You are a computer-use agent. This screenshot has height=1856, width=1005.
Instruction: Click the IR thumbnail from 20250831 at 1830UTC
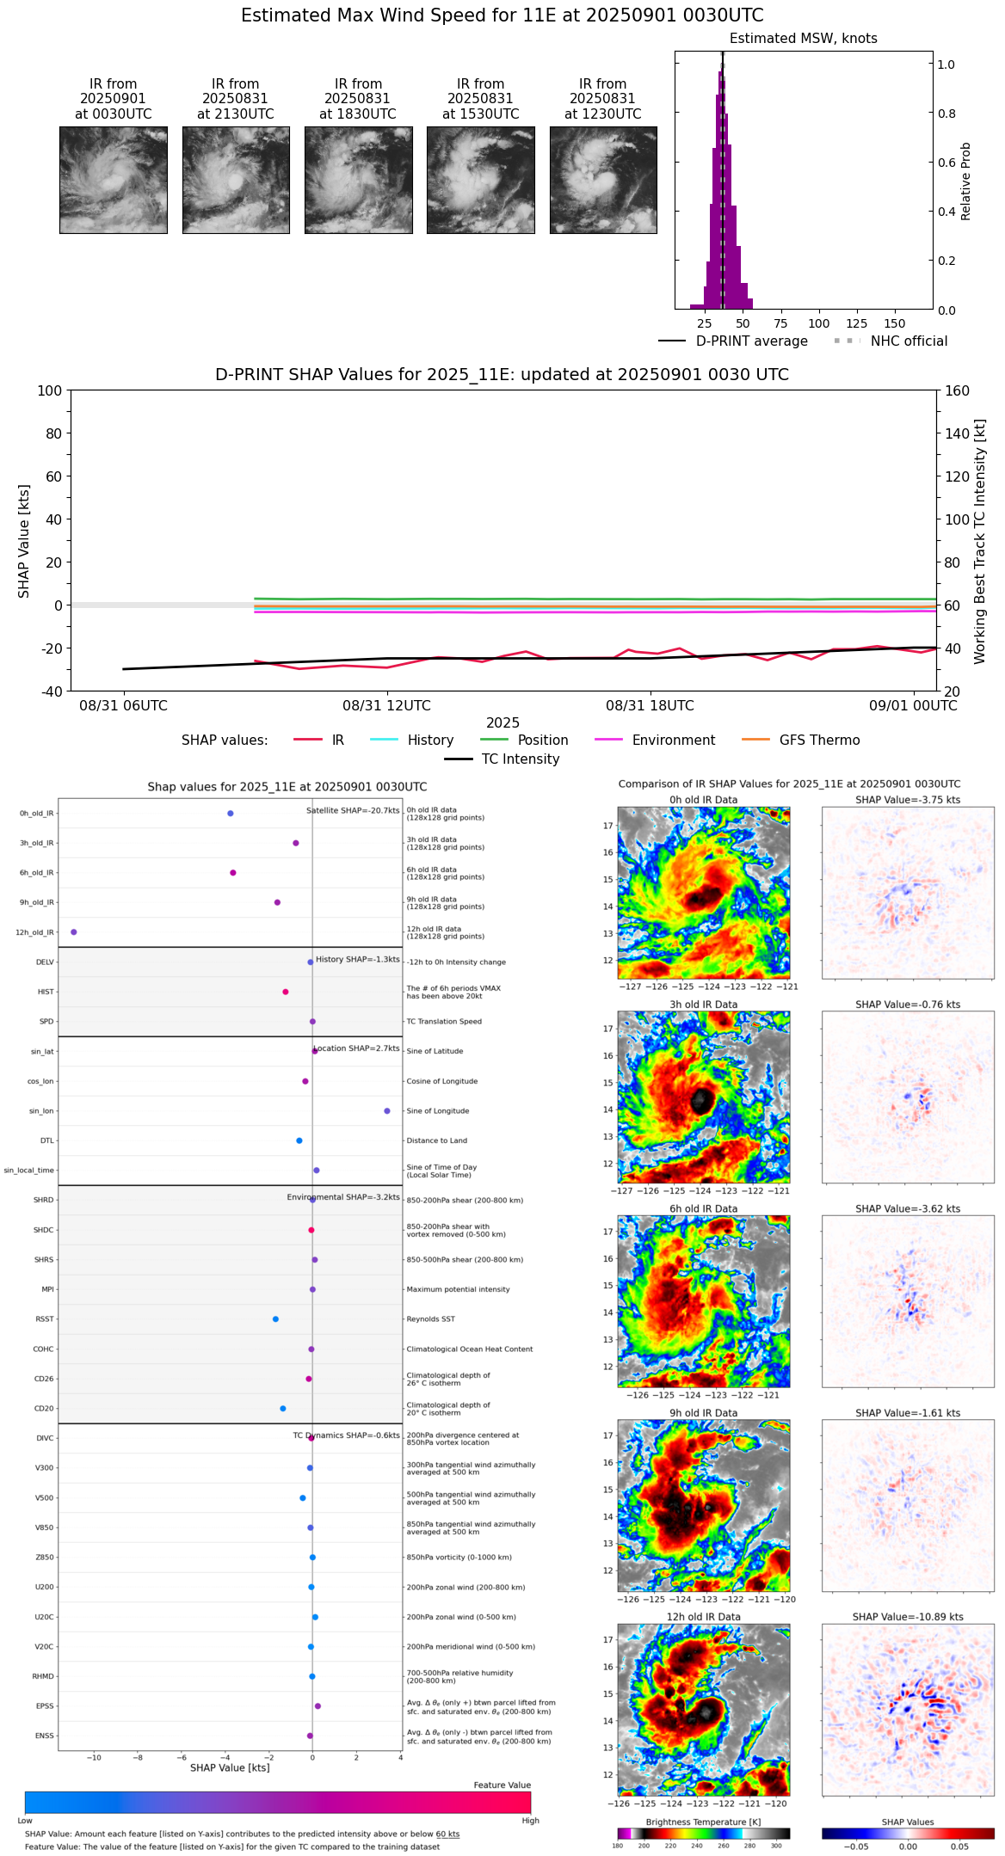click(x=358, y=180)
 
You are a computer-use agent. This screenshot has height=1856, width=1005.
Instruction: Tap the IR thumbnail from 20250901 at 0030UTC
click(x=114, y=180)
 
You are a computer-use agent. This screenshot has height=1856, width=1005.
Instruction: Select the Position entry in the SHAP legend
click(x=542, y=741)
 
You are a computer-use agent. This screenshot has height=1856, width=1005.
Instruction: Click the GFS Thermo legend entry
click(x=819, y=741)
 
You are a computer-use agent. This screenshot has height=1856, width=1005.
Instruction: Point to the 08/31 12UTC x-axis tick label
click(x=386, y=706)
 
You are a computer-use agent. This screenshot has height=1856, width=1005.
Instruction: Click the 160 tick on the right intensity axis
click(x=957, y=390)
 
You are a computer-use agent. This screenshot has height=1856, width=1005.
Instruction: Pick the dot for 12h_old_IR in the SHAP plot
click(x=74, y=932)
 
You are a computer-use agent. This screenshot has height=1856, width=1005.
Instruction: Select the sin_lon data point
click(x=387, y=1111)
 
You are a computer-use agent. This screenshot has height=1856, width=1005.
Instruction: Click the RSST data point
click(x=275, y=1319)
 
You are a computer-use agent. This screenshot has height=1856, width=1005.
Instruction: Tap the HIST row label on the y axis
click(x=46, y=993)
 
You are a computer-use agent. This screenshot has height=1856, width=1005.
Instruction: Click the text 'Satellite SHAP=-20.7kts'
click(x=353, y=811)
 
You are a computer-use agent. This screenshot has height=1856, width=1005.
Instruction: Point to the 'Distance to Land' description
click(x=436, y=1141)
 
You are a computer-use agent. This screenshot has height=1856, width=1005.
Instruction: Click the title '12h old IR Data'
click(x=703, y=1618)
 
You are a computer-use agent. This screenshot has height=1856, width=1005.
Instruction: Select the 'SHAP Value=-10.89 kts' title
click(x=907, y=1618)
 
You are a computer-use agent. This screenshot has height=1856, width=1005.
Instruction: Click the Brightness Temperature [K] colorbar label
click(x=703, y=1822)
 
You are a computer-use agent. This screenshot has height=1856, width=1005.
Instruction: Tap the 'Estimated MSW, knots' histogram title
click(x=803, y=39)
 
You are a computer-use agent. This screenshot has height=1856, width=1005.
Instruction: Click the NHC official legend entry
click(x=909, y=341)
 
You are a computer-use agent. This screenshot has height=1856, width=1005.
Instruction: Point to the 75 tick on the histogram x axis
click(x=780, y=324)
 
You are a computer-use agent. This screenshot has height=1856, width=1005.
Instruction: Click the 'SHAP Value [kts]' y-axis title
click(x=24, y=541)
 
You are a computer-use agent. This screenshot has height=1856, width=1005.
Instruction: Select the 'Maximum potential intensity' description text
click(x=458, y=1290)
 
